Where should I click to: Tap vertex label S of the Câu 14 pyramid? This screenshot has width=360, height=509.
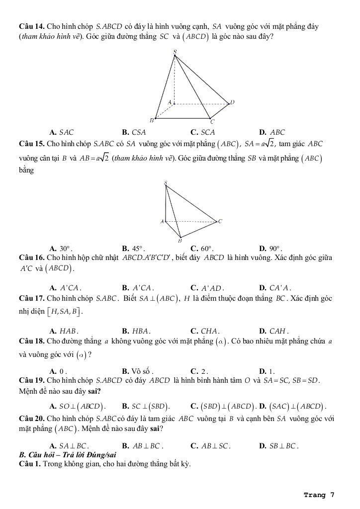(x=175, y=51)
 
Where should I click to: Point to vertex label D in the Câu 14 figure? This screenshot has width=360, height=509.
(x=232, y=102)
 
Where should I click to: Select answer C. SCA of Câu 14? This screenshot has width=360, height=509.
(x=203, y=132)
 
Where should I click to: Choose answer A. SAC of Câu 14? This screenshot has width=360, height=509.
(x=62, y=132)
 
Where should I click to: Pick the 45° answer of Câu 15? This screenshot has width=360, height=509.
(x=133, y=249)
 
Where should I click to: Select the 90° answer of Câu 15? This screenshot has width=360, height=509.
(x=271, y=249)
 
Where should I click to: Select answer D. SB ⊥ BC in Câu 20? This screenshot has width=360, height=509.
(x=278, y=446)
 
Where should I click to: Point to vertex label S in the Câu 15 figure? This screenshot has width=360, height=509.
(x=165, y=183)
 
